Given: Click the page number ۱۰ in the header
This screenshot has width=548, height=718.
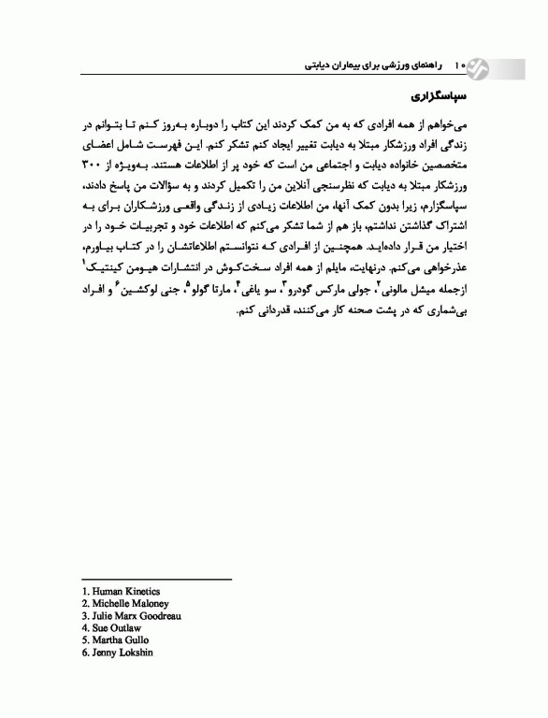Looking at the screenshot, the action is coord(459,66).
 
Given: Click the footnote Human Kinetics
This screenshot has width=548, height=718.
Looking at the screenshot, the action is coord(121,592).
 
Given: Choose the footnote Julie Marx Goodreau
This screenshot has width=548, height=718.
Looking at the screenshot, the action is coord(133,616).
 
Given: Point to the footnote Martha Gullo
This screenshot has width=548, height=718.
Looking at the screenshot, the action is coord(116,640).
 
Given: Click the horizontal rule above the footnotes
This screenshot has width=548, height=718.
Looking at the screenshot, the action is coord(155,581).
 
